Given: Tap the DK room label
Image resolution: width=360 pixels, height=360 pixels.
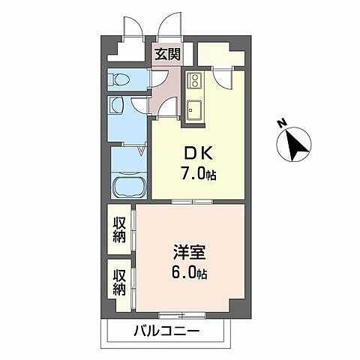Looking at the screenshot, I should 197,153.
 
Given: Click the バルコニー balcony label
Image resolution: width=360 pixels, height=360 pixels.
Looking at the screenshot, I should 166,330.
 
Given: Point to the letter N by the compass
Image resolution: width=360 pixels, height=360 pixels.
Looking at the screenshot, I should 278,122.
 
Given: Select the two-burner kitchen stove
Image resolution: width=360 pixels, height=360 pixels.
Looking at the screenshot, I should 193,80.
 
